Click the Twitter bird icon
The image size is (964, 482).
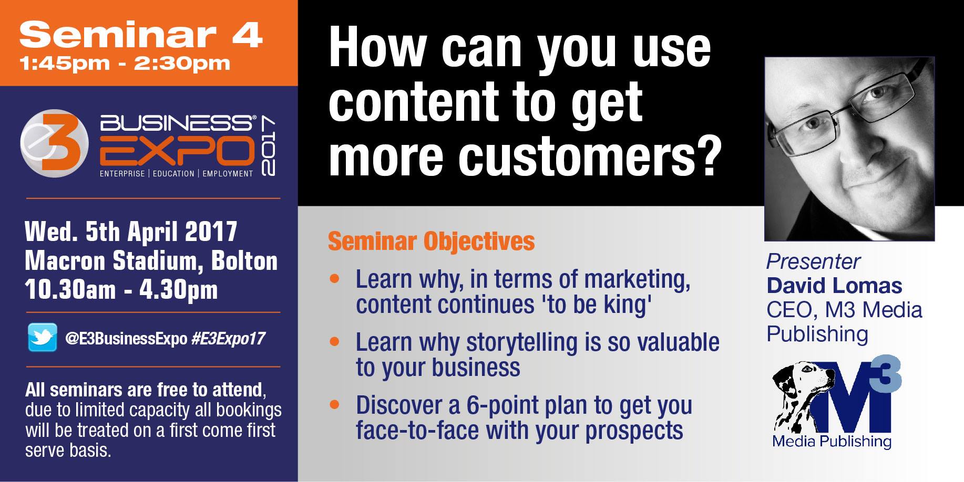(42, 337)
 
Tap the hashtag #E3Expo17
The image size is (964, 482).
(228, 339)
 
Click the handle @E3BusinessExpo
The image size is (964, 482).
(126, 339)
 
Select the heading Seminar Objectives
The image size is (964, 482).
(431, 242)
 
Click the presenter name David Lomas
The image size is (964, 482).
(834, 286)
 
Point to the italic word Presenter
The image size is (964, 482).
(813, 261)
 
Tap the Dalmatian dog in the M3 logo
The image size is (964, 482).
(804, 399)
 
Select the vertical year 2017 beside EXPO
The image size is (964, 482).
(267, 146)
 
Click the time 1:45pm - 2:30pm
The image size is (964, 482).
(125, 64)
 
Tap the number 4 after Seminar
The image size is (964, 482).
(247, 35)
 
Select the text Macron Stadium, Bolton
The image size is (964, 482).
(151, 261)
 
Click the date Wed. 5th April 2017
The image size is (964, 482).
(131, 232)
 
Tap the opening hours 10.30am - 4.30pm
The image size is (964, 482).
(121, 290)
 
